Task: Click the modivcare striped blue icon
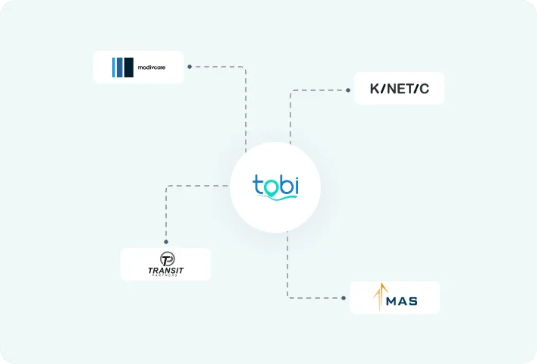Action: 122,67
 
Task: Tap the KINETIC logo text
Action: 399,89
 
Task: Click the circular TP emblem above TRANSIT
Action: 166,259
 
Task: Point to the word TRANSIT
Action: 166,270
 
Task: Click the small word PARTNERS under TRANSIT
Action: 166,276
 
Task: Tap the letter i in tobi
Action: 295,184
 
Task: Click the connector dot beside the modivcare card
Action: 189,67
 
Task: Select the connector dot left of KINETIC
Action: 348,89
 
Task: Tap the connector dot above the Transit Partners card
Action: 166,242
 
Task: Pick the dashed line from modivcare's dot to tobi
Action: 245,106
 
